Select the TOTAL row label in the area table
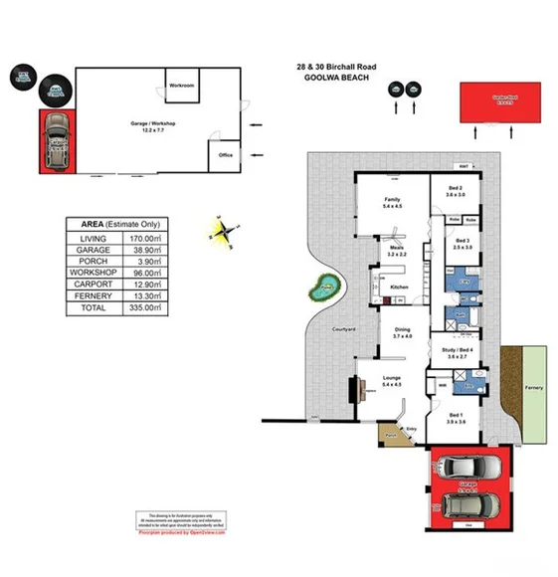(x=91, y=309)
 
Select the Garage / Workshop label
(x=153, y=124)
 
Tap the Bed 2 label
(x=456, y=192)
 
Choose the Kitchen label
(x=399, y=288)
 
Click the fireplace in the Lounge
(x=353, y=390)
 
